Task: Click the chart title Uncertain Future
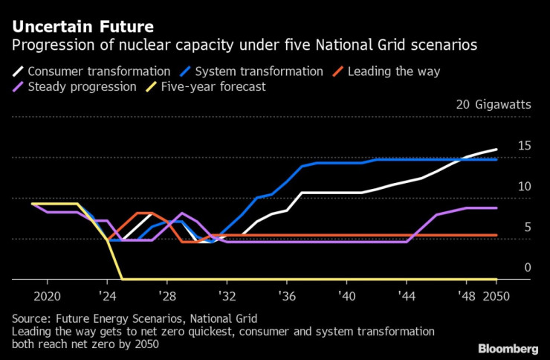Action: [x=83, y=27]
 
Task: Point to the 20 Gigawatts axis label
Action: [x=494, y=105]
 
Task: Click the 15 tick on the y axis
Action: [x=524, y=146]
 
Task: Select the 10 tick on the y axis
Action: [x=524, y=186]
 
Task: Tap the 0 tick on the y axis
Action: [x=528, y=267]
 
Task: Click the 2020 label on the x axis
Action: [x=47, y=295]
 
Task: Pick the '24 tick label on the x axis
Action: [x=107, y=295]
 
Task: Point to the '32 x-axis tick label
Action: [x=227, y=295]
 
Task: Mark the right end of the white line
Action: [x=496, y=150]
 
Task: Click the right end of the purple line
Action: [x=496, y=208]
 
